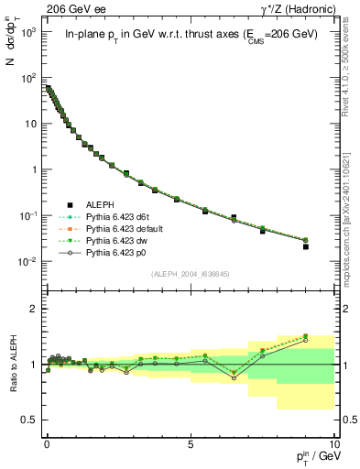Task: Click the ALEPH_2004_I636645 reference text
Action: click(191, 273)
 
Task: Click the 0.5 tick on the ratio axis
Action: click(30, 420)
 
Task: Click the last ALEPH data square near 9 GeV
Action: click(306, 246)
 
